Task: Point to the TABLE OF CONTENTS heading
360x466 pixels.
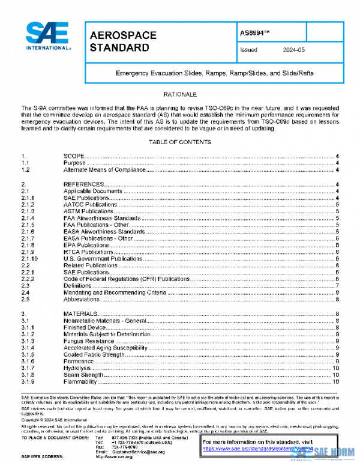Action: (x=180, y=142)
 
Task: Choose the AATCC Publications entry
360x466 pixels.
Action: (x=90, y=205)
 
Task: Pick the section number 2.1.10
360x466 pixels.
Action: (x=30, y=259)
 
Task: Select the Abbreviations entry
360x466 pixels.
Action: (x=81, y=299)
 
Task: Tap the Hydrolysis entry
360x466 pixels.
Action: (x=77, y=368)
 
